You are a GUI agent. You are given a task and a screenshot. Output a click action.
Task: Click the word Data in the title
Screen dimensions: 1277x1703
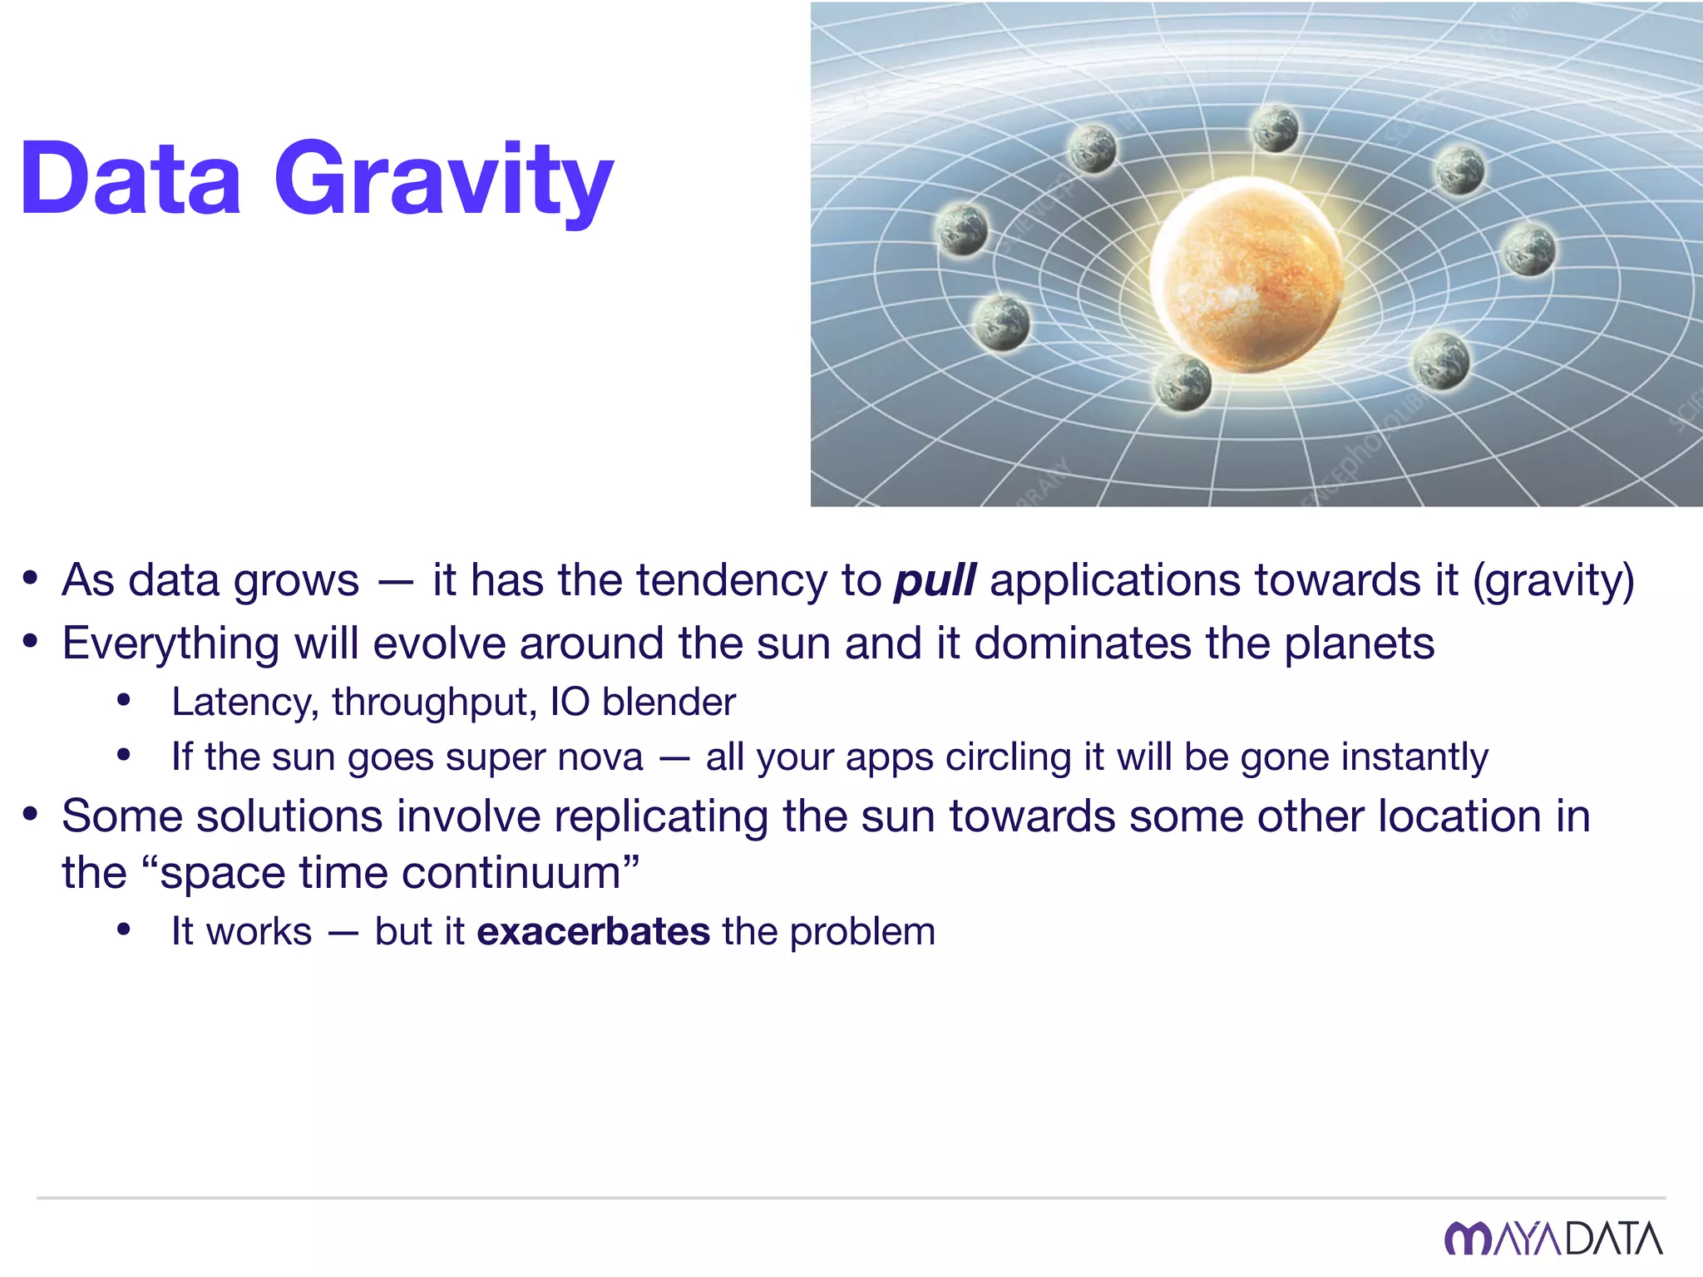(x=131, y=179)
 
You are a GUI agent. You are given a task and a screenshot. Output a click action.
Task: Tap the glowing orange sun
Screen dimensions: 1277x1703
(x=1245, y=274)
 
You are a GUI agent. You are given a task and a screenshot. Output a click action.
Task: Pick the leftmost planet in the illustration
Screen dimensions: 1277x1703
(x=962, y=229)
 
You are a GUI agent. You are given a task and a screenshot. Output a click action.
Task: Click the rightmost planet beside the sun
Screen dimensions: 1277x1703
(x=1528, y=249)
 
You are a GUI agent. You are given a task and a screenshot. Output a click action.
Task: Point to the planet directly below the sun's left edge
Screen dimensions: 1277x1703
(x=1182, y=382)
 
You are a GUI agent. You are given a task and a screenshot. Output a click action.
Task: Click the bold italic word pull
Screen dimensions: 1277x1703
(x=934, y=580)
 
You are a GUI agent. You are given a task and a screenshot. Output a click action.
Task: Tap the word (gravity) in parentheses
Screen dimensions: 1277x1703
(x=1553, y=580)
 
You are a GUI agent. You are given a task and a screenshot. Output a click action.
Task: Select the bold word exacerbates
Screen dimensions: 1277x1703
(x=593, y=931)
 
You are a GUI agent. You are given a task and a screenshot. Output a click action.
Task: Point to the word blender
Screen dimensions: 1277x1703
(x=669, y=703)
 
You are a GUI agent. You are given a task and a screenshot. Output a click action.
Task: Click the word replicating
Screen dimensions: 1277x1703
(x=661, y=816)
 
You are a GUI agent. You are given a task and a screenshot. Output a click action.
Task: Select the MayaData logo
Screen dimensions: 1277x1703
(x=1552, y=1239)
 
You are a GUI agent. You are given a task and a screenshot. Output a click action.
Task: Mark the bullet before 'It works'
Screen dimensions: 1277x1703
(x=124, y=929)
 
